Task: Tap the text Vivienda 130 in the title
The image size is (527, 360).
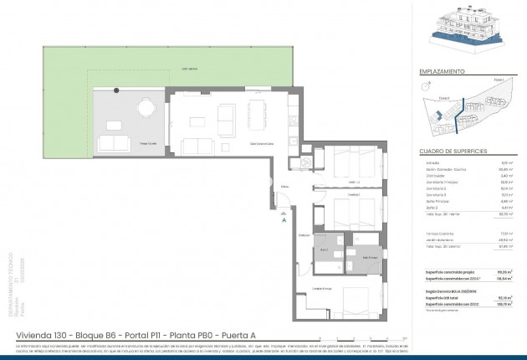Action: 42,337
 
